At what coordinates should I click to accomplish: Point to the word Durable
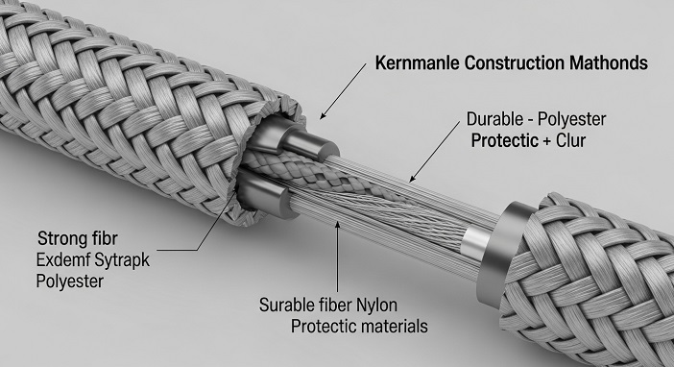(495, 121)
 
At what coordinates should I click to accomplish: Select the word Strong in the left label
(62, 238)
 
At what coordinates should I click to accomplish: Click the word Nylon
(405, 306)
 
